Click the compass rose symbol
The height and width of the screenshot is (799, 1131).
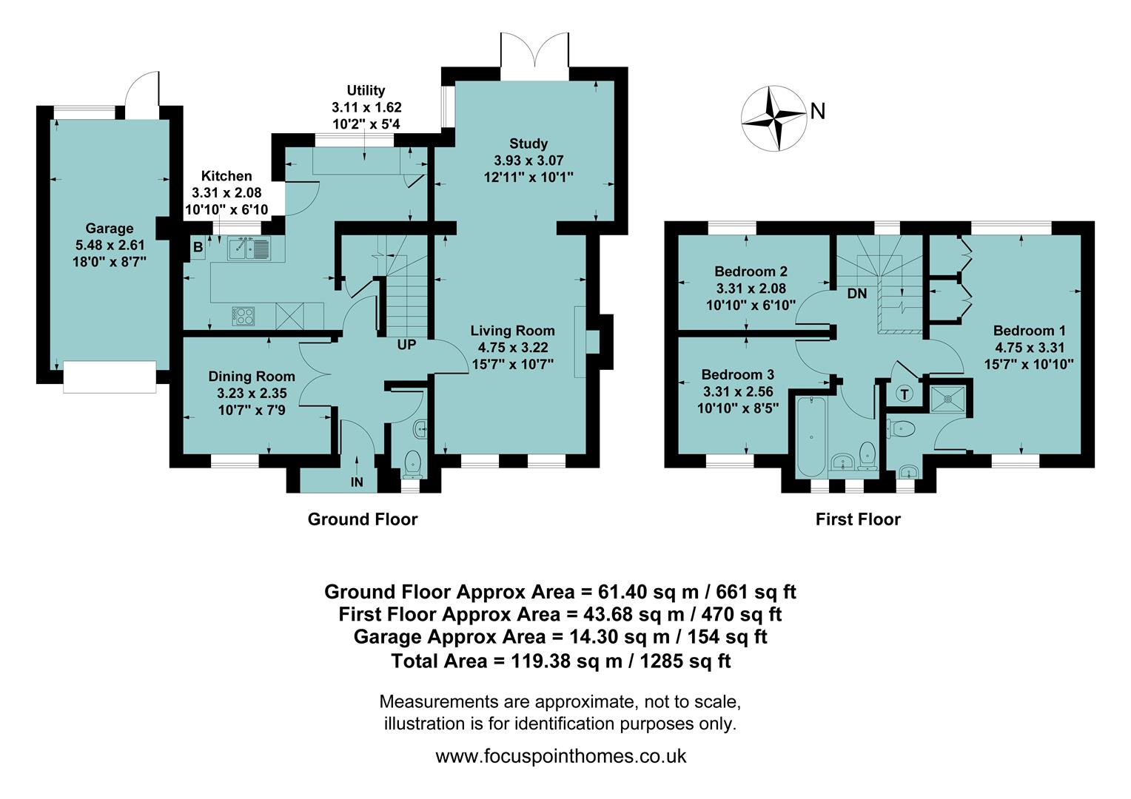[x=773, y=116]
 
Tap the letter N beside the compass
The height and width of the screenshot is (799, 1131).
[x=817, y=111]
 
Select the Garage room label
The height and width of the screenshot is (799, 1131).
[x=110, y=229]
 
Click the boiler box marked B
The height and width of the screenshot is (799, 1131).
[x=198, y=247]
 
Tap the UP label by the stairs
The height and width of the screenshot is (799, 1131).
[x=406, y=345]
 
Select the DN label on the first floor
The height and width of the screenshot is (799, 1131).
[x=856, y=294]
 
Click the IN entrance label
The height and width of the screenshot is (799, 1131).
[x=357, y=482]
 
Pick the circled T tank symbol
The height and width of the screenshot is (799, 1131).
[x=905, y=394]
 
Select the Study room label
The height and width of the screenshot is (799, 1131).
[x=528, y=144]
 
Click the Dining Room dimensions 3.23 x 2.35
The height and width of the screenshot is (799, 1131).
[x=252, y=393]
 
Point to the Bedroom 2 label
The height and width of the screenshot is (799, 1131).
[x=751, y=272]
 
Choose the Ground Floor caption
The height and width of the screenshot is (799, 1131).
[x=363, y=519]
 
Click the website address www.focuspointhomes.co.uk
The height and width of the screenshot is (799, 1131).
[x=561, y=756]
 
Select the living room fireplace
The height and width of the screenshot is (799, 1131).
[x=591, y=342]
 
